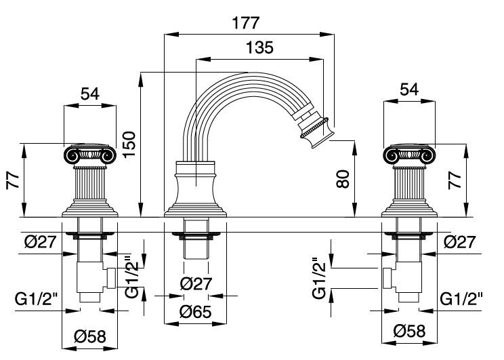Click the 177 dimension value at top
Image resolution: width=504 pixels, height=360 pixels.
(x=245, y=22)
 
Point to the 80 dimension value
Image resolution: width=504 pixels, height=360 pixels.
(x=345, y=181)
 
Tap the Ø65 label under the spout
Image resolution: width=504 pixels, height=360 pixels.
(x=196, y=313)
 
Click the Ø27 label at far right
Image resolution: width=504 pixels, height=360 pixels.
(x=461, y=242)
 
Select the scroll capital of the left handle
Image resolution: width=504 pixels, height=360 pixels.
(x=90, y=156)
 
